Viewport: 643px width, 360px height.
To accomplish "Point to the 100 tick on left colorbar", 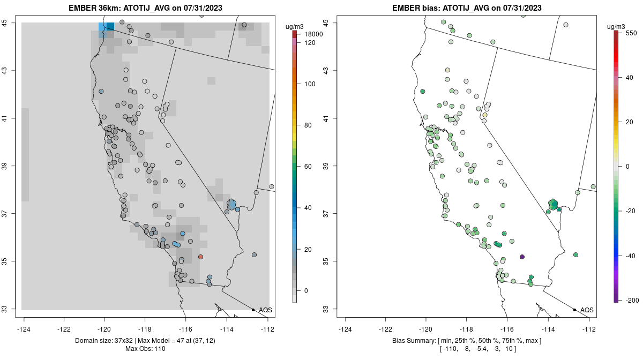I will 310,84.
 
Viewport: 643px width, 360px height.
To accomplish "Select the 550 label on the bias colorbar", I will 630,33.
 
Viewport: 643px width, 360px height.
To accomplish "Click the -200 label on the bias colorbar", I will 631,299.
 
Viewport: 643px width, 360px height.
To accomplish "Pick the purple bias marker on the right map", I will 522,257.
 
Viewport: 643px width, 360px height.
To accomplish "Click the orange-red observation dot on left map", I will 200,257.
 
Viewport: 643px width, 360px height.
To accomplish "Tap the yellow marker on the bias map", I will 484,115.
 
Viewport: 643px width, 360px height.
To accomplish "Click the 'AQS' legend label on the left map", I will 265,310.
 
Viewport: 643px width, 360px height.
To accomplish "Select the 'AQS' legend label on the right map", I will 587,310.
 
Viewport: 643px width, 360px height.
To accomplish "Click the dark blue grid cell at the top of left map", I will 110,26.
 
